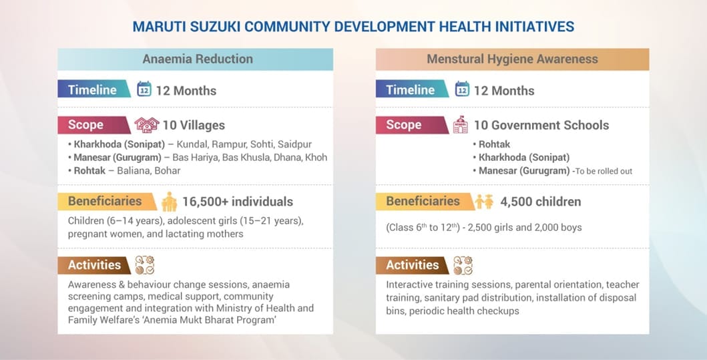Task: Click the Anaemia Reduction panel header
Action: coord(197,59)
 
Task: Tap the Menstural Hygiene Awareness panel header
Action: coord(512,59)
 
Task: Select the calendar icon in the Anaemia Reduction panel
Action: coord(144,89)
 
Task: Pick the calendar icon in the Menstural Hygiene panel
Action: coord(462,89)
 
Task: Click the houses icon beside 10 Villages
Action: coord(147,125)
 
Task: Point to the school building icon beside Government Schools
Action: coord(461,125)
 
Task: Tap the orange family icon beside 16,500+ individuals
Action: coord(170,201)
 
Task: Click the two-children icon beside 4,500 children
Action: coord(484,201)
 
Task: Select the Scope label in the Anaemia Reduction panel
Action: coord(86,125)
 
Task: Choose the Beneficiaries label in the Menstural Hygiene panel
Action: coord(423,201)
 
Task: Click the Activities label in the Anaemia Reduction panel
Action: coord(94,264)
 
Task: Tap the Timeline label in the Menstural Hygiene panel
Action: coord(410,89)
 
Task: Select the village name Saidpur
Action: coord(296,144)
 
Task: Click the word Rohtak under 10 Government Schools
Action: coord(494,144)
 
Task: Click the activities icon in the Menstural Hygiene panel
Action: coord(463,265)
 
